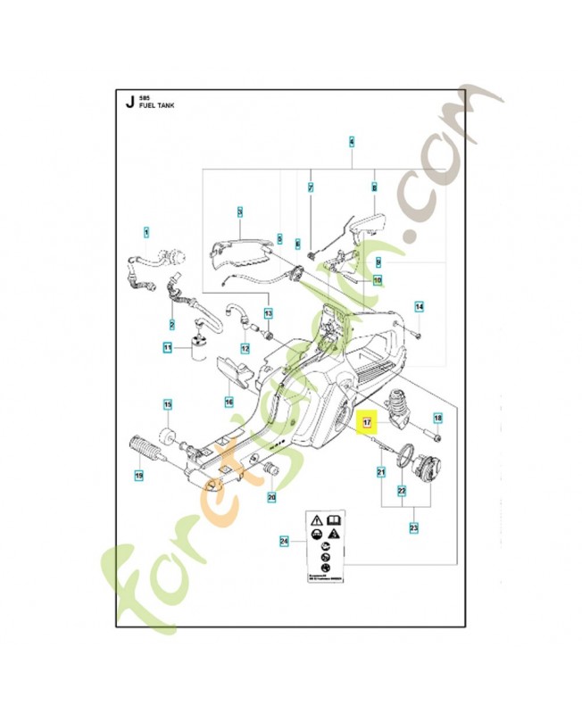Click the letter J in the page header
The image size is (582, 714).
[x=129, y=101]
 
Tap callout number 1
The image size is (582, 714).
[x=147, y=233]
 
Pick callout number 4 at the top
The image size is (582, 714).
[x=352, y=142]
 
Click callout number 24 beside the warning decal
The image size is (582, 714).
[x=284, y=540]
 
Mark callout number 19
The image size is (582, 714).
[x=138, y=477]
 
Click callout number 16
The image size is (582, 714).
[x=229, y=402]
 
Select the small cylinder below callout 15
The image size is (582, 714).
[x=165, y=436]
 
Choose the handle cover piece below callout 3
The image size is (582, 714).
[x=240, y=252]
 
